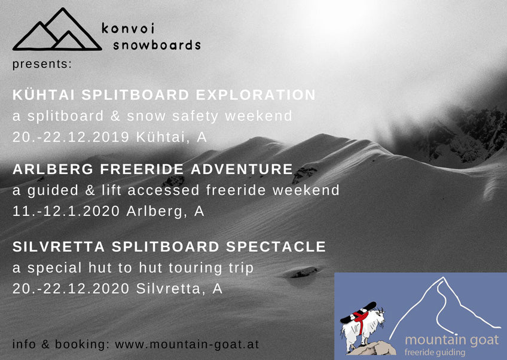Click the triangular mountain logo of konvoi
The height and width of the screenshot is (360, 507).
57,30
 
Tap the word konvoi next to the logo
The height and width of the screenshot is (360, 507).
128,28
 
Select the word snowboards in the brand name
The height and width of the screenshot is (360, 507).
157,45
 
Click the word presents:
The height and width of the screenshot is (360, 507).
42,64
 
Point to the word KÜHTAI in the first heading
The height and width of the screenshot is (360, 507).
44,94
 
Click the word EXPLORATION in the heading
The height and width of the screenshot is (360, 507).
255,94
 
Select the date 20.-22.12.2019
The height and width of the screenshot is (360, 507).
71,137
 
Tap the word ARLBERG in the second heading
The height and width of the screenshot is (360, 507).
53,169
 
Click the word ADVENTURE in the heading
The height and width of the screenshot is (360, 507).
242,169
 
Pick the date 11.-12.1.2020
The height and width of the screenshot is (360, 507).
66,211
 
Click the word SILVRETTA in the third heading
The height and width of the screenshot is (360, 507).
59,246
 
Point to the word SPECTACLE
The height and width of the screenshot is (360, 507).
276,246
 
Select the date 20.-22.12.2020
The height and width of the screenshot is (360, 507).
71,288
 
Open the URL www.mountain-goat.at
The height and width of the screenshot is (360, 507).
187,344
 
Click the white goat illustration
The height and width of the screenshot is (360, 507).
363,328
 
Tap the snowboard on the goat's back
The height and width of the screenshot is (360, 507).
358,312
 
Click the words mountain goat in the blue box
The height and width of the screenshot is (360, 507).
452,340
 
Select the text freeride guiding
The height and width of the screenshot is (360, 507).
435,352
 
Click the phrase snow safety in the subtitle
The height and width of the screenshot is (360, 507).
172,116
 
